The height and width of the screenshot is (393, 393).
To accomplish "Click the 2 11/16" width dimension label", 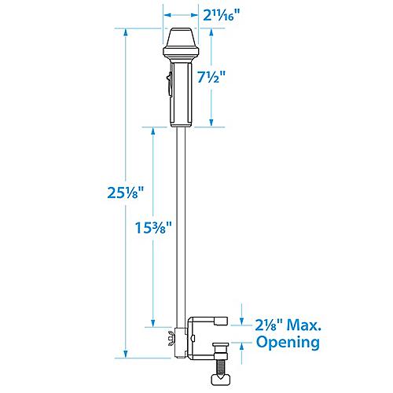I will tap(222, 14).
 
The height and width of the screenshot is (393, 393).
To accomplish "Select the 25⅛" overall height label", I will tap(126, 193).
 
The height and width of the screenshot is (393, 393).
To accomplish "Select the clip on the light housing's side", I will tap(167, 82).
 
